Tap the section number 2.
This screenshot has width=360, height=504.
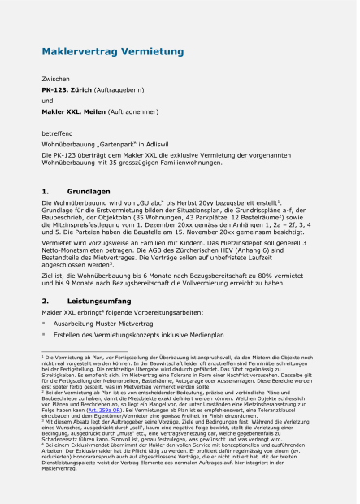click(x=46, y=301)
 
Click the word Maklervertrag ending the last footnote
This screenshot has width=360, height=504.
click(x=58, y=492)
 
